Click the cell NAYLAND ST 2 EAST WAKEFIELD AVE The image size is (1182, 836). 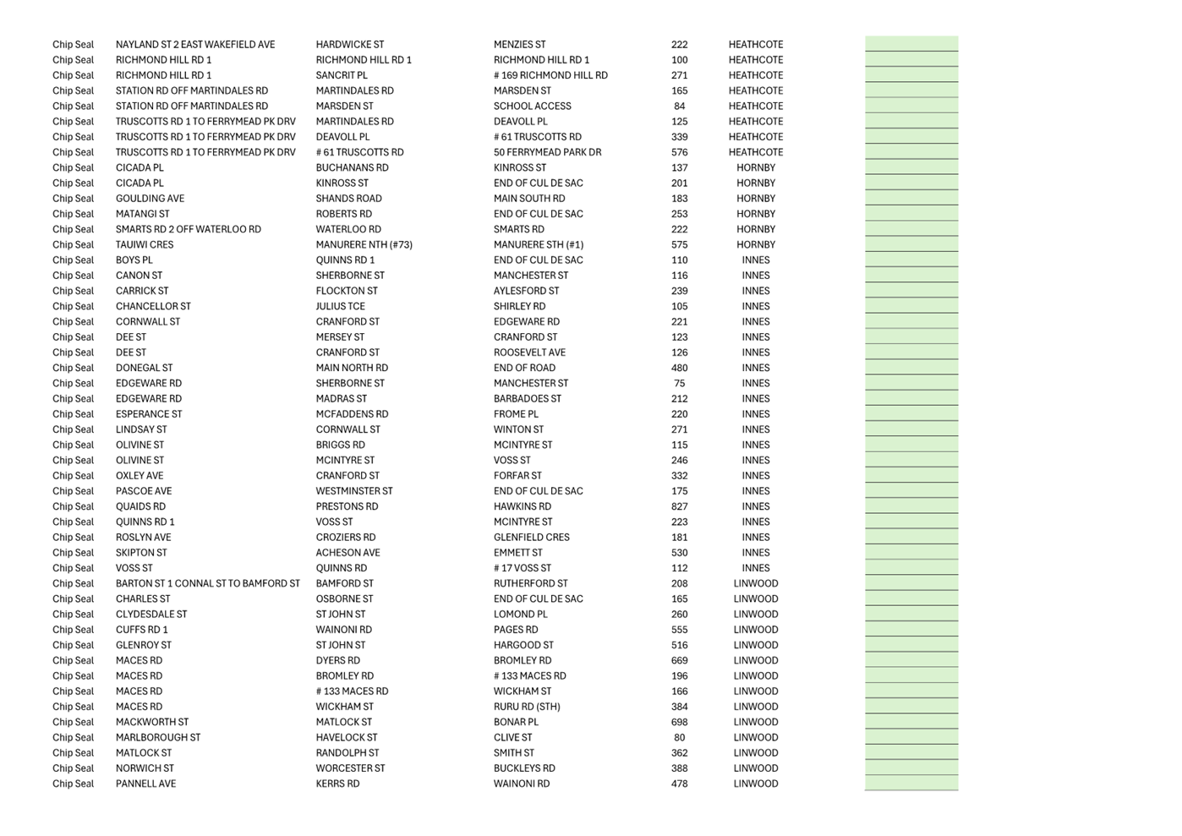click(x=194, y=45)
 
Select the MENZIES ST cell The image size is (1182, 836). click(x=519, y=45)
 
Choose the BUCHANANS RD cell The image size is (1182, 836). click(x=352, y=168)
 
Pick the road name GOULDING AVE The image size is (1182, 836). click(x=150, y=199)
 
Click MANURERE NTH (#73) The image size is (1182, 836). click(x=364, y=245)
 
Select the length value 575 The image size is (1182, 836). click(x=679, y=245)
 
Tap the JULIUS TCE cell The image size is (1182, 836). click(x=340, y=307)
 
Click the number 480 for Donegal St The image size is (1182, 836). click(x=679, y=369)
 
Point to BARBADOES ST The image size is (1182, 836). click(x=527, y=399)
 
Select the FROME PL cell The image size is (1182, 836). click(x=516, y=414)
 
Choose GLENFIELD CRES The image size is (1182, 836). click(x=531, y=538)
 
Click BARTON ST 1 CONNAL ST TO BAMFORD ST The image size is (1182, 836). click(x=207, y=584)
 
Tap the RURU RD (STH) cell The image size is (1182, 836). click(x=526, y=707)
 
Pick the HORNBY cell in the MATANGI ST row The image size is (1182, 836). click(x=755, y=215)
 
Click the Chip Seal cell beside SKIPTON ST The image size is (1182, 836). click(x=73, y=553)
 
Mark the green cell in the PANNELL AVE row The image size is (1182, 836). click(x=911, y=784)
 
